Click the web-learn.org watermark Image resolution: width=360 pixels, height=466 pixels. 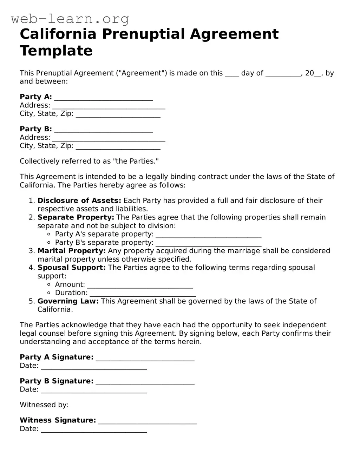pos(70,19)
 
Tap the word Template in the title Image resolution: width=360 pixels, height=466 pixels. pos(56,51)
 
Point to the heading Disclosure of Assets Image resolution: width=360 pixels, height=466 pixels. pos(79,201)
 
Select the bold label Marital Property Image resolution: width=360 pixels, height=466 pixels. pos(71,251)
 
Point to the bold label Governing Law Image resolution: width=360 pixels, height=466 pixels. pos(68,301)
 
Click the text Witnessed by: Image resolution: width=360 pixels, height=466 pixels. pos(44,405)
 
